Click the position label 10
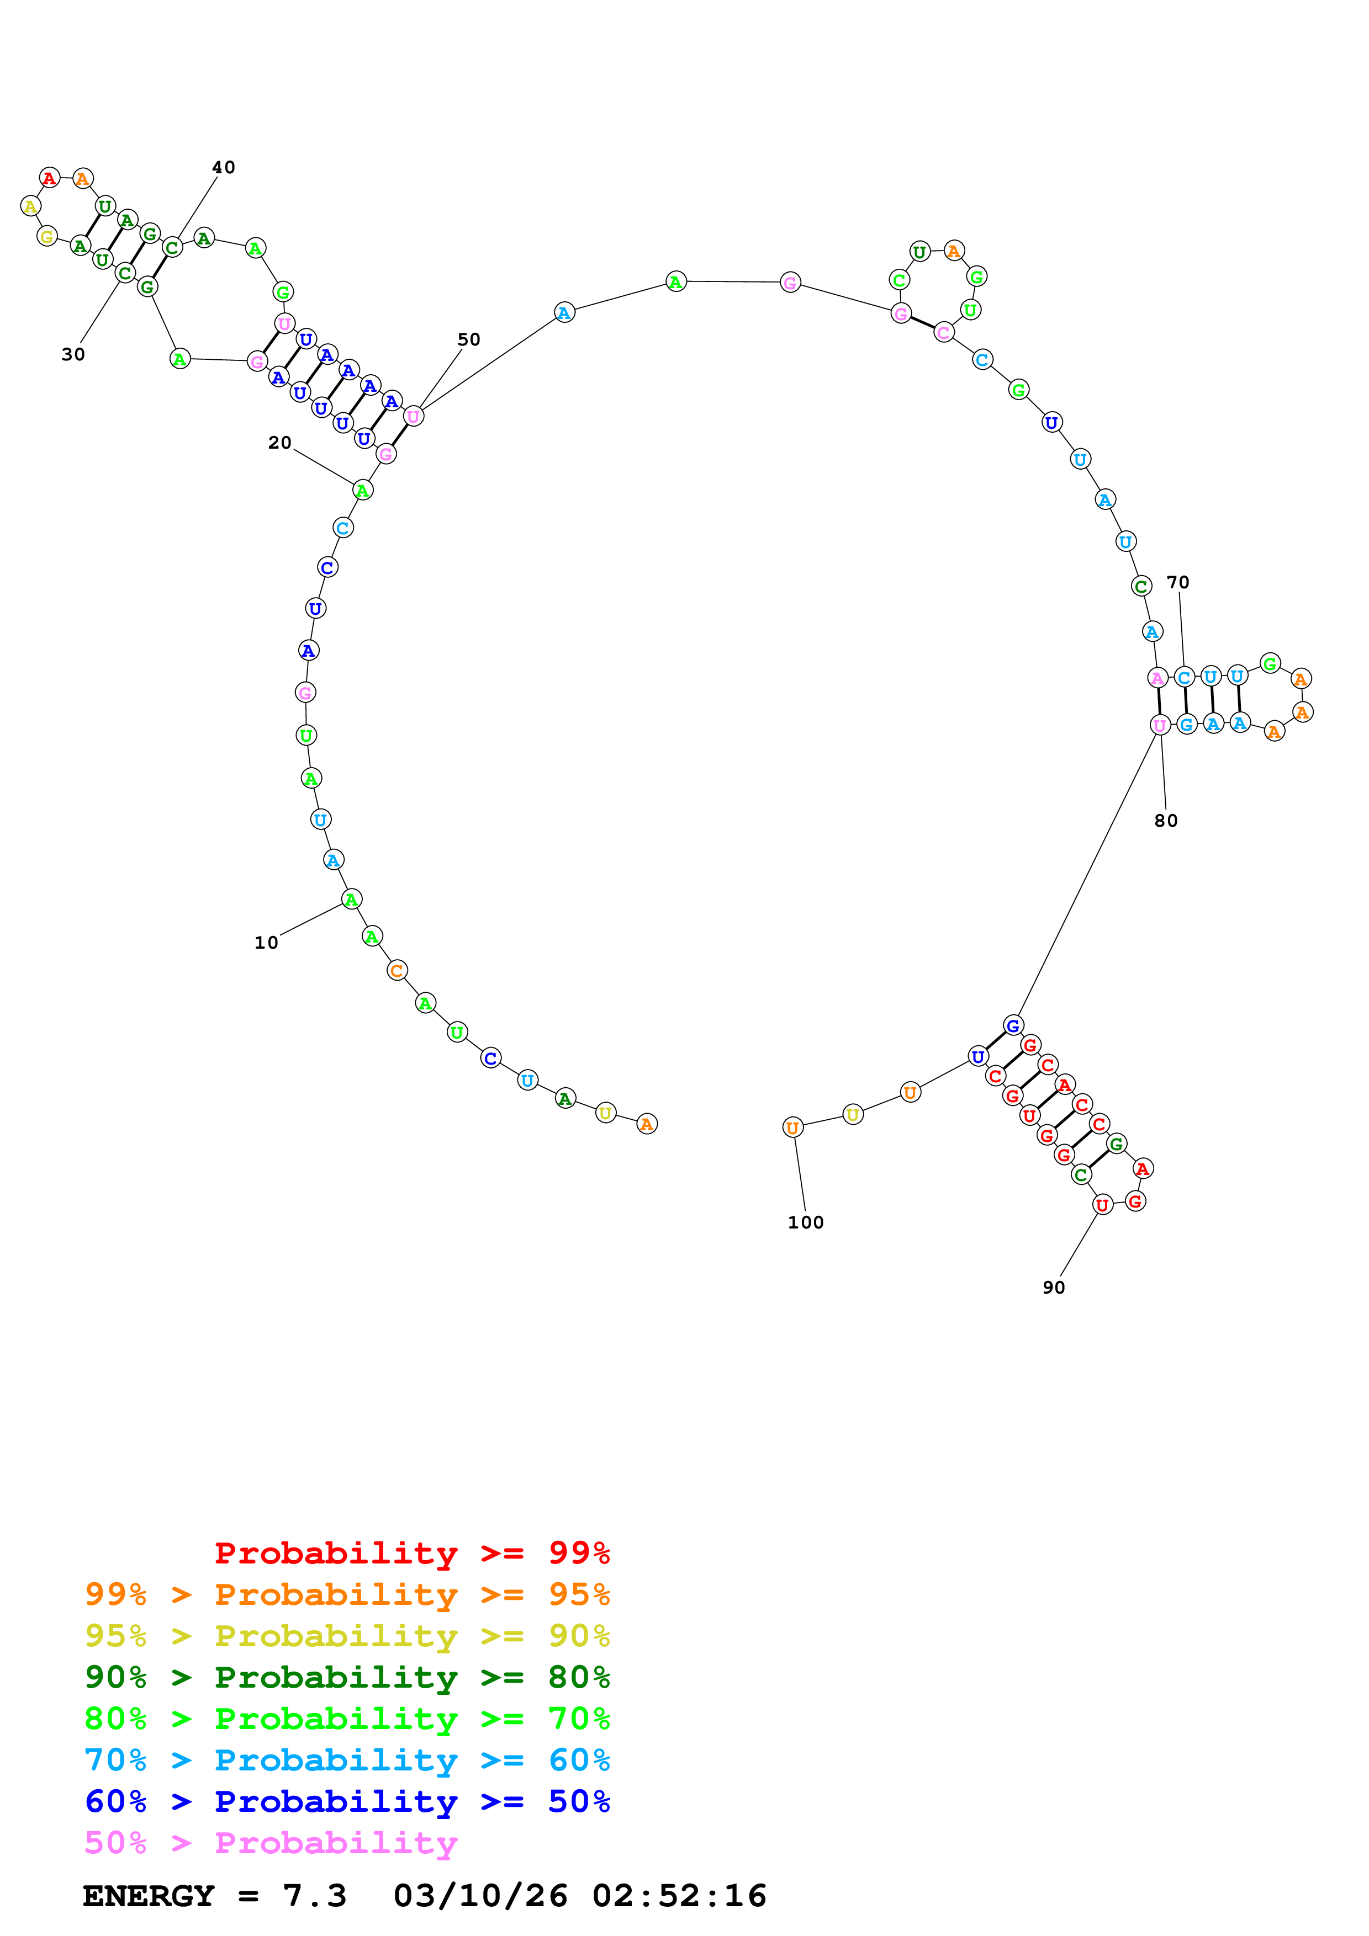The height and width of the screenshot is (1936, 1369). [x=267, y=943]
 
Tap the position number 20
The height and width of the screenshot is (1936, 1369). [x=280, y=443]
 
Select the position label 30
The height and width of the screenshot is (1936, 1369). [x=73, y=354]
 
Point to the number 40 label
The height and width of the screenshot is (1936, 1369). [x=224, y=167]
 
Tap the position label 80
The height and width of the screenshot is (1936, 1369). [x=1166, y=821]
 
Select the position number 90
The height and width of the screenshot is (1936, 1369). [x=1054, y=1288]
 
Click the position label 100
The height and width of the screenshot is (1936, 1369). [x=806, y=1222]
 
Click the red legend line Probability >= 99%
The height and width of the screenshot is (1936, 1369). [x=411, y=1552]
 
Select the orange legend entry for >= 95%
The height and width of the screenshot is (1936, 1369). [x=347, y=1594]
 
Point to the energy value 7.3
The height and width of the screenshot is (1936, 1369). [x=314, y=1896]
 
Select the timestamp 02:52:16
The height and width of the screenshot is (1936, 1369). [x=679, y=1896]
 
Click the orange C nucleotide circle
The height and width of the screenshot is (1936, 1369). [x=397, y=971]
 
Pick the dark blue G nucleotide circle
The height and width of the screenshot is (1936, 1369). [x=1013, y=1025]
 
